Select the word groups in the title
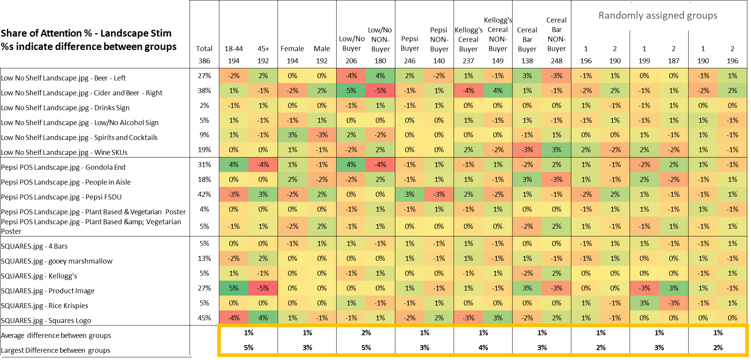tap(702, 16)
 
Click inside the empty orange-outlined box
tap(483, 340)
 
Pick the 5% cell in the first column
tap(234, 288)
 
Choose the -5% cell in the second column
tap(263, 288)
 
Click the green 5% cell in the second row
tap(351, 91)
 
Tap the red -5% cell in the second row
tap(380, 91)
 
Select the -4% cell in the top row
tap(351, 76)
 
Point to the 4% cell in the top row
tap(380, 76)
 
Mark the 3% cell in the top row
tap(527, 76)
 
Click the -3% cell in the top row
tap(556, 76)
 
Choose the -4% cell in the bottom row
tap(234, 318)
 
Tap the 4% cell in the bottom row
tap(263, 318)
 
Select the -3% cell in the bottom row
tap(468, 318)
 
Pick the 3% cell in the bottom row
tap(498, 318)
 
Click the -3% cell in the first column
tap(234, 194)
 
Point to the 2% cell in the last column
tap(732, 91)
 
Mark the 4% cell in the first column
tap(234, 165)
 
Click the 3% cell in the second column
tap(263, 194)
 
